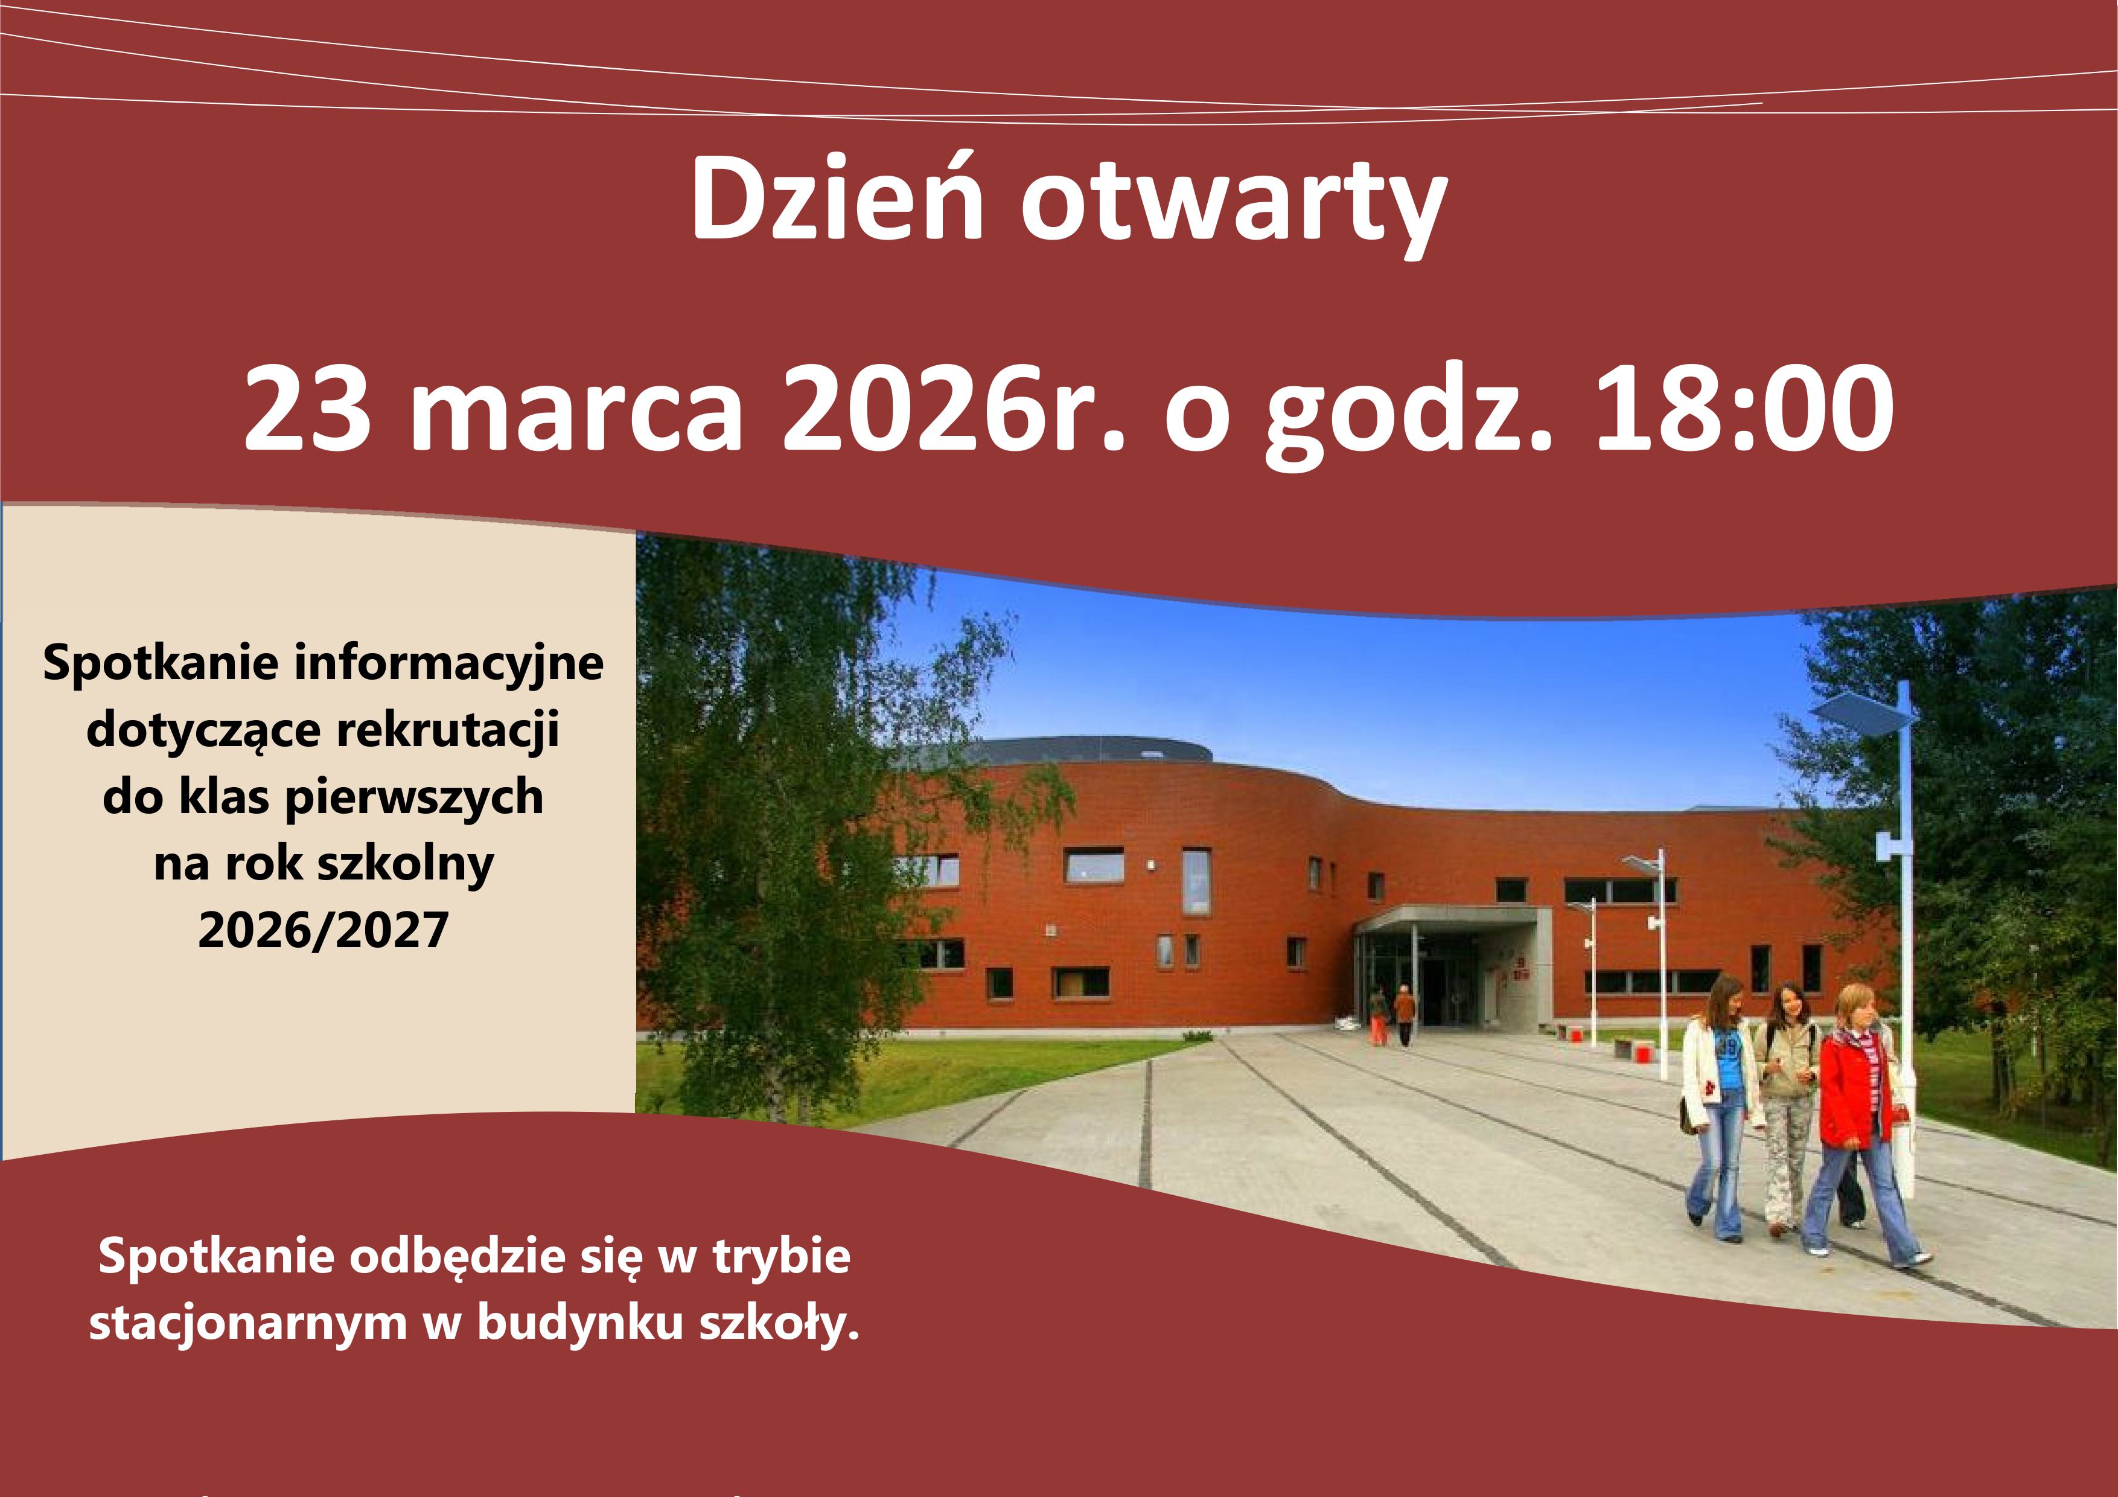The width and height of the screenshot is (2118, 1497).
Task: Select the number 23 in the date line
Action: click(x=308, y=407)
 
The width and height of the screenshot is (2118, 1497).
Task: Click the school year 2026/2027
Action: click(x=323, y=930)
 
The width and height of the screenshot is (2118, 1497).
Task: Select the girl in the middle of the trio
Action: click(x=1788, y=1107)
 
